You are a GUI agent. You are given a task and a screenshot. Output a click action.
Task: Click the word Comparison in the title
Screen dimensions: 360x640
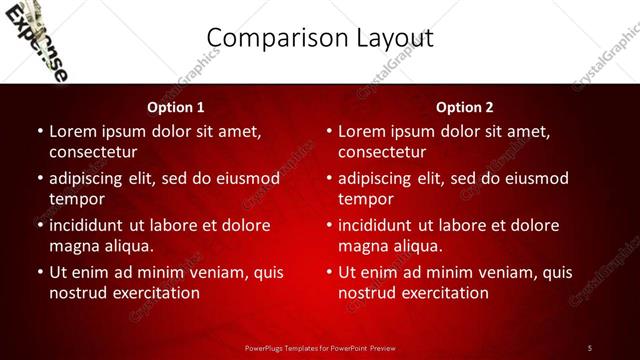pyautogui.click(x=266, y=38)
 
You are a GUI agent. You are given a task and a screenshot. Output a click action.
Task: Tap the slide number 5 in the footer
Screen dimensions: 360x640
pyautogui.click(x=590, y=347)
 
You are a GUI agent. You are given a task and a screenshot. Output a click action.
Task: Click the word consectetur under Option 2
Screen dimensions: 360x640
pyautogui.click(x=382, y=152)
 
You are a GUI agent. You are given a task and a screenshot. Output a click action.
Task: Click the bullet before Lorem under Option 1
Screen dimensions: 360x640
pyautogui.click(x=39, y=131)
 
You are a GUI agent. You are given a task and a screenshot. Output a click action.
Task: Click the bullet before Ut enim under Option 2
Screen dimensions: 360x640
pyautogui.click(x=328, y=272)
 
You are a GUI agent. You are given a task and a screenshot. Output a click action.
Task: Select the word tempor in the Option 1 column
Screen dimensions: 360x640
pyautogui.click(x=75, y=198)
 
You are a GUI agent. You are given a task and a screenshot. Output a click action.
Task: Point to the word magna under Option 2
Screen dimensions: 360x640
pyautogui.click(x=360, y=245)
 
